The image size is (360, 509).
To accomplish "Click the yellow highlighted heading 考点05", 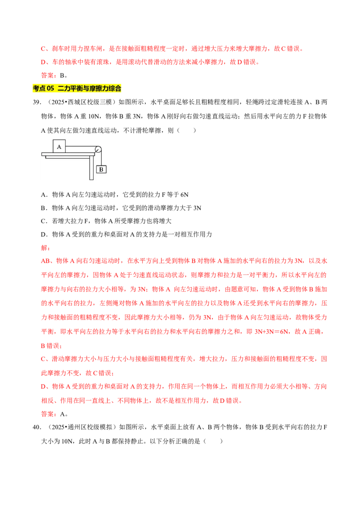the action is coord(77,88).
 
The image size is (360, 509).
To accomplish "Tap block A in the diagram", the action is coord(59,147).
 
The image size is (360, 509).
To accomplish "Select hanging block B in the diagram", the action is coord(101,169).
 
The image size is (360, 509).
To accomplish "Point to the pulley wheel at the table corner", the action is coord(98,149).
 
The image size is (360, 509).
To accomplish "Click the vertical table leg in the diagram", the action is coord(92,167).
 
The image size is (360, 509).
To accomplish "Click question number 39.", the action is coord(37,102).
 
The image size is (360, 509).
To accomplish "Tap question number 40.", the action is coord(37,427).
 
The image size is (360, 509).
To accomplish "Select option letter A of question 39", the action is coord(44,195).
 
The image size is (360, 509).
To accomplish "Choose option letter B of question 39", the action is coord(44,208).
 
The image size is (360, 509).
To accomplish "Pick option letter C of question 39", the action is coord(44,221).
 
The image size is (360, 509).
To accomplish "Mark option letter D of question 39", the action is coord(44,235).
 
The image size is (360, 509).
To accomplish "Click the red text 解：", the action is coord(45,248).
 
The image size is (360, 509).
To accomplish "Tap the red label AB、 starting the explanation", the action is coord(48,261).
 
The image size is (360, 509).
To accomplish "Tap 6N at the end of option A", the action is coord(184,195).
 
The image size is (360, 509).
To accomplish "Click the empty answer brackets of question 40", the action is coord(213,441).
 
